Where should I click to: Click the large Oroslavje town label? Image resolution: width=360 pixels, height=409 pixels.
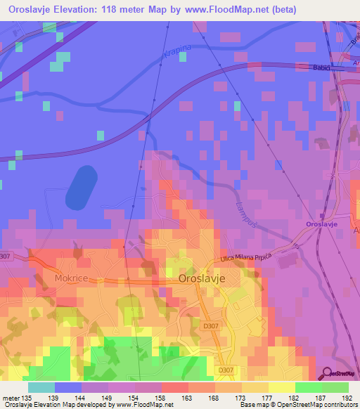(x=201, y=278)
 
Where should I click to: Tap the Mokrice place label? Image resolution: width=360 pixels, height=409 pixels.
(x=70, y=278)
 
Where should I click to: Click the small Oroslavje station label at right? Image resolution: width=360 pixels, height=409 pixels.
(x=323, y=223)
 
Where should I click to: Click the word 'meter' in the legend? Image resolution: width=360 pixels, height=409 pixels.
(x=11, y=397)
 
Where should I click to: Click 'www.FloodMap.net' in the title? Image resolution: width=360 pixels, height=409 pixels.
(x=226, y=10)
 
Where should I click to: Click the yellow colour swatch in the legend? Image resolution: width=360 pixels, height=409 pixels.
(x=282, y=387)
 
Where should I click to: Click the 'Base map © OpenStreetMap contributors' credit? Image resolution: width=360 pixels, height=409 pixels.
(x=298, y=405)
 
